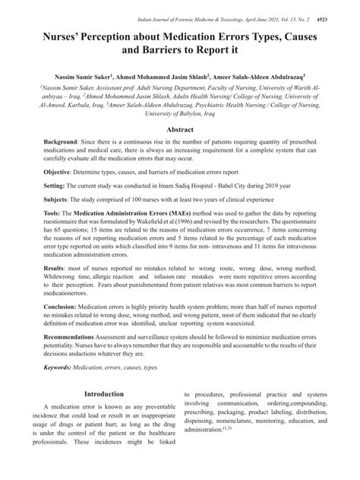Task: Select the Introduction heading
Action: (x=103, y=395)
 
